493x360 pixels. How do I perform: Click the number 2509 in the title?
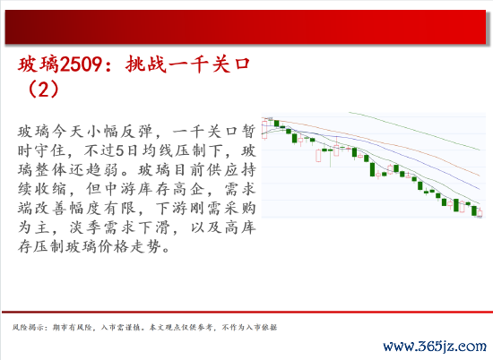(x=81, y=64)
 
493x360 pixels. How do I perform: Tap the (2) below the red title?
(x=43, y=90)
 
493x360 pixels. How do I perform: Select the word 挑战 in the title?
(x=145, y=64)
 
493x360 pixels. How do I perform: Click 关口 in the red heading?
(x=230, y=64)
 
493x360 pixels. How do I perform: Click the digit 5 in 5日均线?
(x=120, y=150)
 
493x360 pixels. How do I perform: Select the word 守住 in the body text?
(x=50, y=150)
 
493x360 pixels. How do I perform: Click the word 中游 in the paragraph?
(x=120, y=189)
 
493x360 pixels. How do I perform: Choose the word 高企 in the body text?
(x=188, y=189)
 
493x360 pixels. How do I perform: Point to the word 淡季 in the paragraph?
(x=85, y=227)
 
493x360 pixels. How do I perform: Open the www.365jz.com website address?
(x=435, y=347)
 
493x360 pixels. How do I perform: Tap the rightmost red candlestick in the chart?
(x=480, y=213)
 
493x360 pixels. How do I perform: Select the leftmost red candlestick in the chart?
(x=264, y=130)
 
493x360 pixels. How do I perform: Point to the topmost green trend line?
(x=414, y=131)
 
